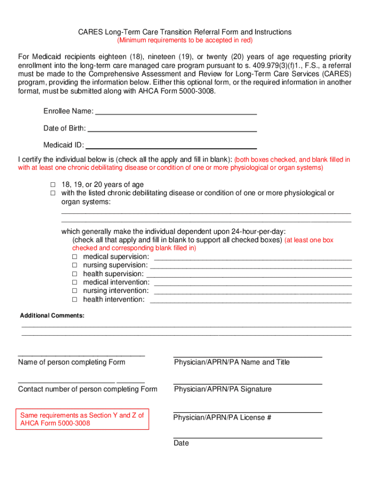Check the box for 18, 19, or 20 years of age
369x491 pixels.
(x=53, y=185)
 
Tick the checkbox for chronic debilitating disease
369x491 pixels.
(x=53, y=193)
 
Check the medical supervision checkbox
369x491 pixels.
(x=75, y=257)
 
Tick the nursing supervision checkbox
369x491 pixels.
(x=75, y=265)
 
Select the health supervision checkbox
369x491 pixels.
(x=75, y=274)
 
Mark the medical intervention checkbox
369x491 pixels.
(x=75, y=282)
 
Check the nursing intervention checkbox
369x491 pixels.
(x=75, y=291)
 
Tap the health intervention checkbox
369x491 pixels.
(x=75, y=300)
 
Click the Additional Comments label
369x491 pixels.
(x=52, y=316)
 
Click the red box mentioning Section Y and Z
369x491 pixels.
(x=82, y=420)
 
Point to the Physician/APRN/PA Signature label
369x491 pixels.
(x=222, y=389)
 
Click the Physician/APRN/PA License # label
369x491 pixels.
(x=222, y=418)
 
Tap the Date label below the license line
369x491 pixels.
(x=181, y=444)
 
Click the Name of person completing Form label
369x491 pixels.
(x=71, y=362)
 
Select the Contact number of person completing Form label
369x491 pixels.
(x=87, y=389)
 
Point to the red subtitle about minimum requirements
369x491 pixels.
(x=185, y=40)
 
